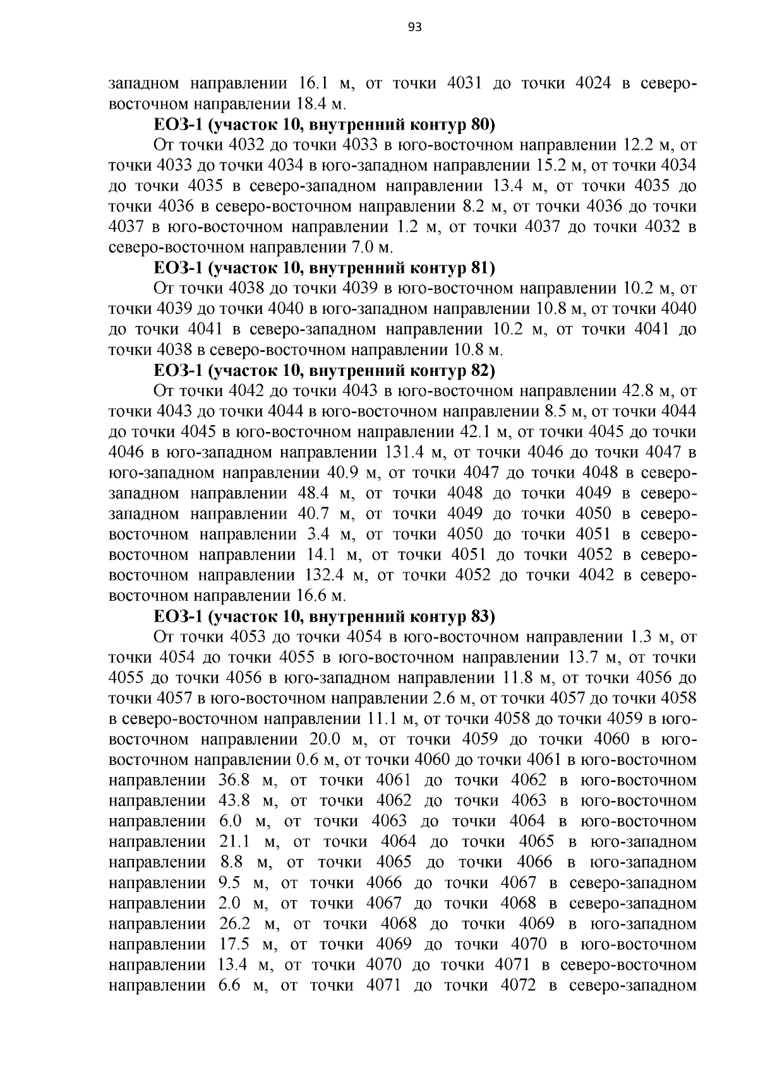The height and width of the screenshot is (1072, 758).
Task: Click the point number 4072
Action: point(517,985)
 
